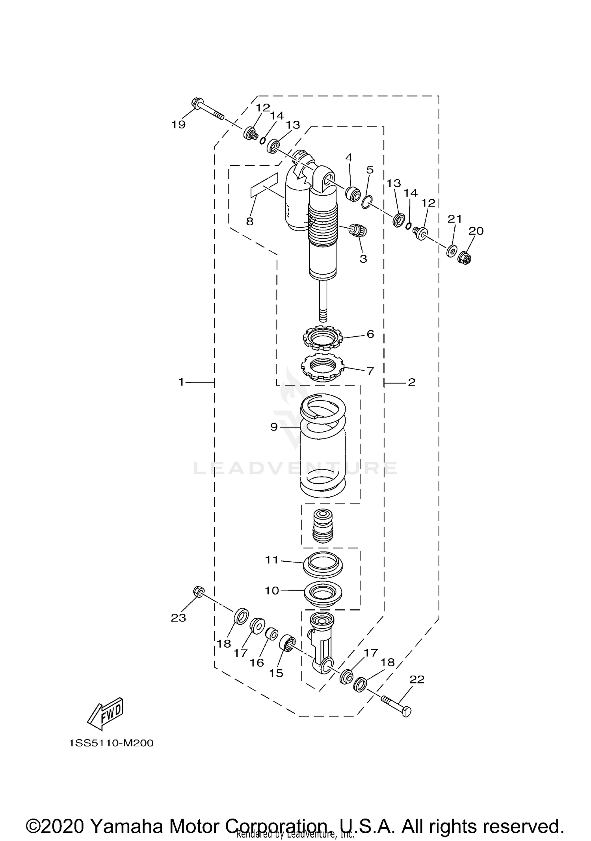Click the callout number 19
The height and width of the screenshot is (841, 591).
[178, 124]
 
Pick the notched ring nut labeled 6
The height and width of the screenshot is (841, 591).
[323, 338]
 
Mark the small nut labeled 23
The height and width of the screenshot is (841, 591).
[199, 592]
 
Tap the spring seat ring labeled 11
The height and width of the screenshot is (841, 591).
[323, 564]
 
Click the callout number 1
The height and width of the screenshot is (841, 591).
[181, 382]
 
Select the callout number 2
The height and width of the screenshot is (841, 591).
[411, 382]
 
